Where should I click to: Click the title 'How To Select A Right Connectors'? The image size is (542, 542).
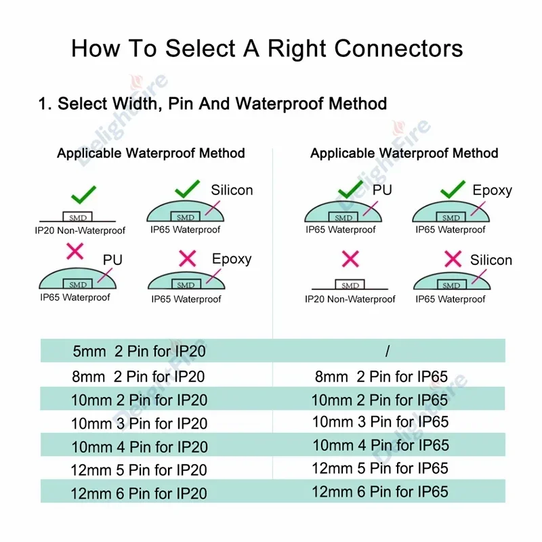[x=267, y=49]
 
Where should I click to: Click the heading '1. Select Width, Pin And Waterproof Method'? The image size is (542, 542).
[x=213, y=104]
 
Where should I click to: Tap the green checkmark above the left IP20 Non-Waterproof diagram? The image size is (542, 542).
[x=84, y=195]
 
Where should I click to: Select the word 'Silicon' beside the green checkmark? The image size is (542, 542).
[x=232, y=190]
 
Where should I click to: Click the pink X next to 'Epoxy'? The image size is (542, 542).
[x=188, y=258]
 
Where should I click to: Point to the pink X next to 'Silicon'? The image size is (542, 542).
[x=453, y=258]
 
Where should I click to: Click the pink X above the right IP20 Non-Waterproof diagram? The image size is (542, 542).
[x=350, y=258]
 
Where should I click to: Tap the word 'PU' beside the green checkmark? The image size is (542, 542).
[x=382, y=190]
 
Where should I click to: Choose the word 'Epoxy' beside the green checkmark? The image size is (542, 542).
[x=492, y=190]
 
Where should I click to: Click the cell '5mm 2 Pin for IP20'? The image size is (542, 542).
[x=140, y=352]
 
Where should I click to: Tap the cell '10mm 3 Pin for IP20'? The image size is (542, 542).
[x=140, y=423]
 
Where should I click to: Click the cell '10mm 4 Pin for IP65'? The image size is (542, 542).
[x=380, y=445]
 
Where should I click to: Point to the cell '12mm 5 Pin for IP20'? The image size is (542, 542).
[x=140, y=470]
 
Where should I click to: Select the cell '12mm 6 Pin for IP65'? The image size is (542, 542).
[x=380, y=491]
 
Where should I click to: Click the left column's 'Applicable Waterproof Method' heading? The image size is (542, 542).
[x=150, y=153]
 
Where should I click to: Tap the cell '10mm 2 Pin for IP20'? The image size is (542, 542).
[x=140, y=400]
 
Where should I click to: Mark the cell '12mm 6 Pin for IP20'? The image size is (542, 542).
[x=140, y=493]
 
